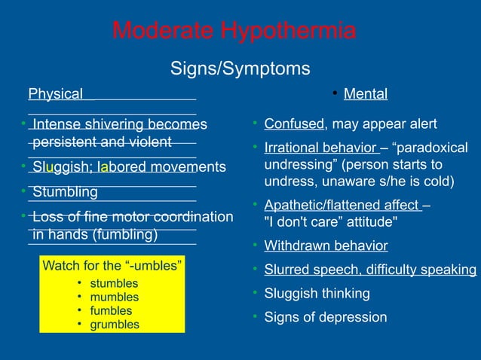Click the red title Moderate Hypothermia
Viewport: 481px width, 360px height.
[234, 32]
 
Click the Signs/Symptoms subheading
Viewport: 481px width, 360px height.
[240, 69]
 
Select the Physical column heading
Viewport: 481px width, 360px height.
[55, 94]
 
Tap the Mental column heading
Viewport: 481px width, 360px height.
[365, 94]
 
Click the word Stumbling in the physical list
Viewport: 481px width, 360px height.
[65, 191]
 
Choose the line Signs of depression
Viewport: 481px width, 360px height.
[326, 317]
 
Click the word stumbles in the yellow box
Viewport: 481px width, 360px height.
[114, 284]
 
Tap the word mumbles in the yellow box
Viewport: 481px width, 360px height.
[114, 297]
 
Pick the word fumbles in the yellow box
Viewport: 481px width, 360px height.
[111, 311]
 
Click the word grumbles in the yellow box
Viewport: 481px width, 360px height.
[115, 325]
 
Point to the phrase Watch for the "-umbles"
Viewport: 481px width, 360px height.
[111, 266]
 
